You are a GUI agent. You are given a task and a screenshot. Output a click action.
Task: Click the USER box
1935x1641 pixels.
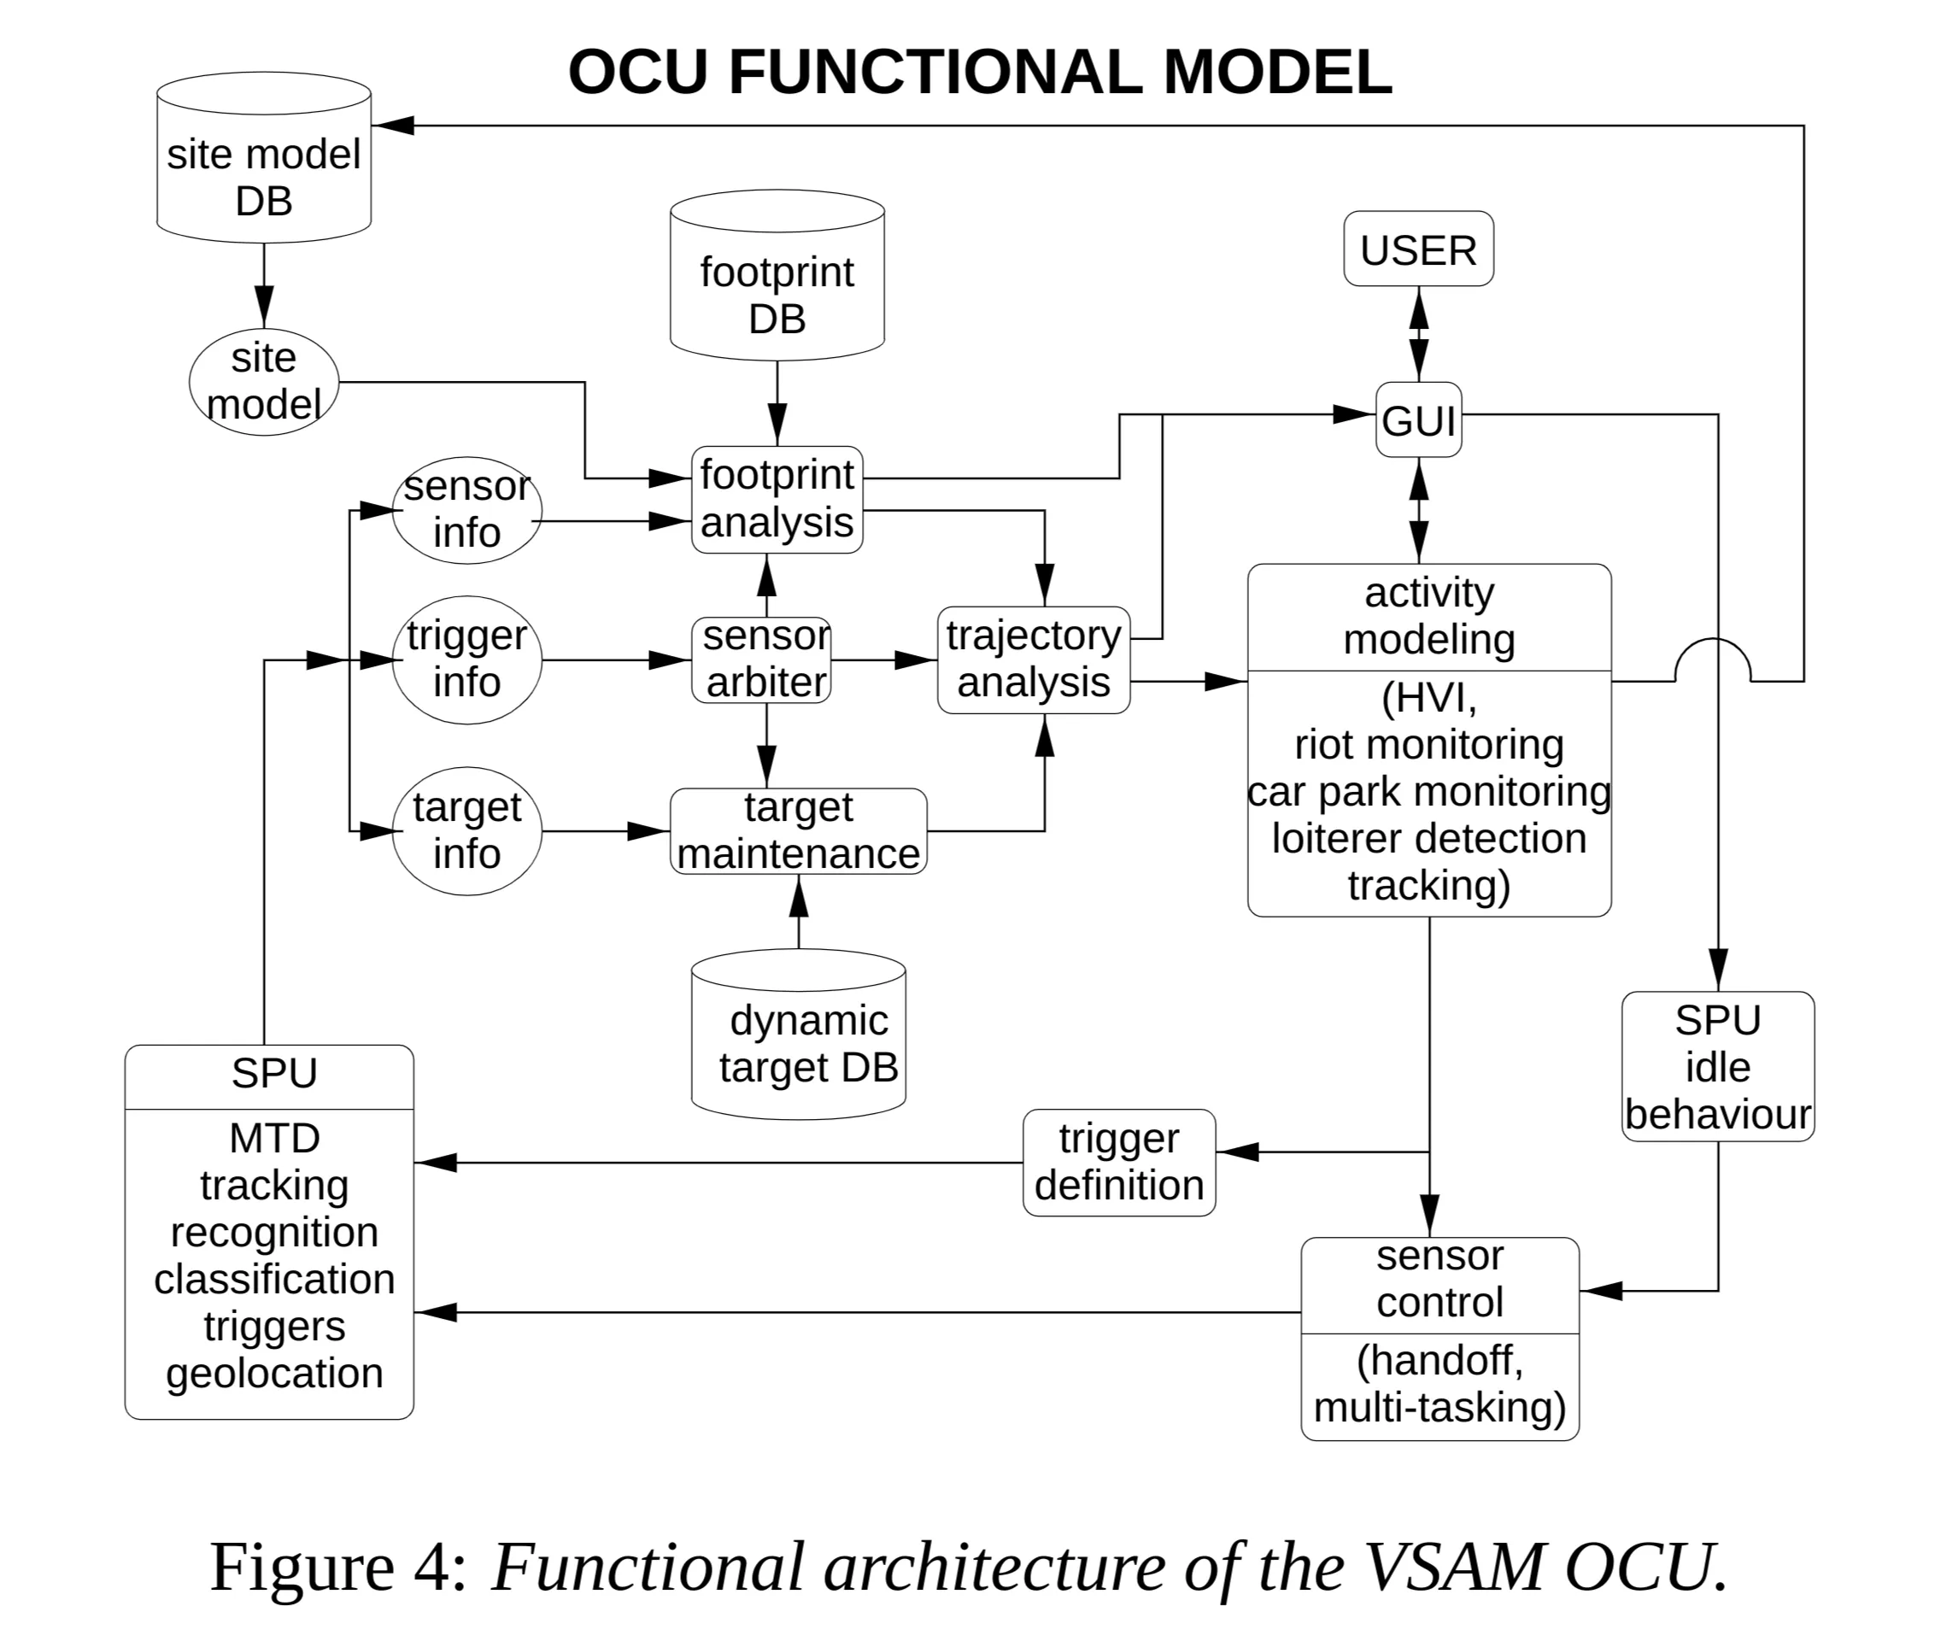[1418, 249]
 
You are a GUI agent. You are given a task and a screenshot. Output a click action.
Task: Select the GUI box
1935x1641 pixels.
[1418, 419]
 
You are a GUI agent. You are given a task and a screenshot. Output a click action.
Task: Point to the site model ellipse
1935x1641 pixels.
[263, 381]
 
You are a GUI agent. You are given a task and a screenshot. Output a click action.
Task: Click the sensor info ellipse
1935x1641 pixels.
[466, 510]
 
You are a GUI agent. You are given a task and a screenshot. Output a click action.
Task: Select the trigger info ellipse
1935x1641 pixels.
[466, 659]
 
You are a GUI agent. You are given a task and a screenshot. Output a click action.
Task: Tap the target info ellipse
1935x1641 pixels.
[466, 830]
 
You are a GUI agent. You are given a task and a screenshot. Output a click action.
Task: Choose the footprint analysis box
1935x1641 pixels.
[777, 500]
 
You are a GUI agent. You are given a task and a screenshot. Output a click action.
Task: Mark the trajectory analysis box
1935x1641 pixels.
[1033, 659]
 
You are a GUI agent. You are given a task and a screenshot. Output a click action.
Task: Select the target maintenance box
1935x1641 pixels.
[798, 830]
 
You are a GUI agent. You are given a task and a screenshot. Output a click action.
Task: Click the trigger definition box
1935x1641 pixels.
[1118, 1162]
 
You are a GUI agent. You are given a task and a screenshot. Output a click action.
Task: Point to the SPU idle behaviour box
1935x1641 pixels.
[1717, 1066]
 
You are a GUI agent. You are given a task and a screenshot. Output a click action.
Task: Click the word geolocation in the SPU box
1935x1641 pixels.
[274, 1373]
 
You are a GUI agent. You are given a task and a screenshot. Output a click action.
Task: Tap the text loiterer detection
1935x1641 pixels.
[1429, 838]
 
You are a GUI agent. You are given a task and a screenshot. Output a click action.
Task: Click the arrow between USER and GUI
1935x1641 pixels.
[1418, 334]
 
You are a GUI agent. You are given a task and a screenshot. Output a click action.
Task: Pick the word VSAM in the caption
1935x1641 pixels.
[1457, 1567]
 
